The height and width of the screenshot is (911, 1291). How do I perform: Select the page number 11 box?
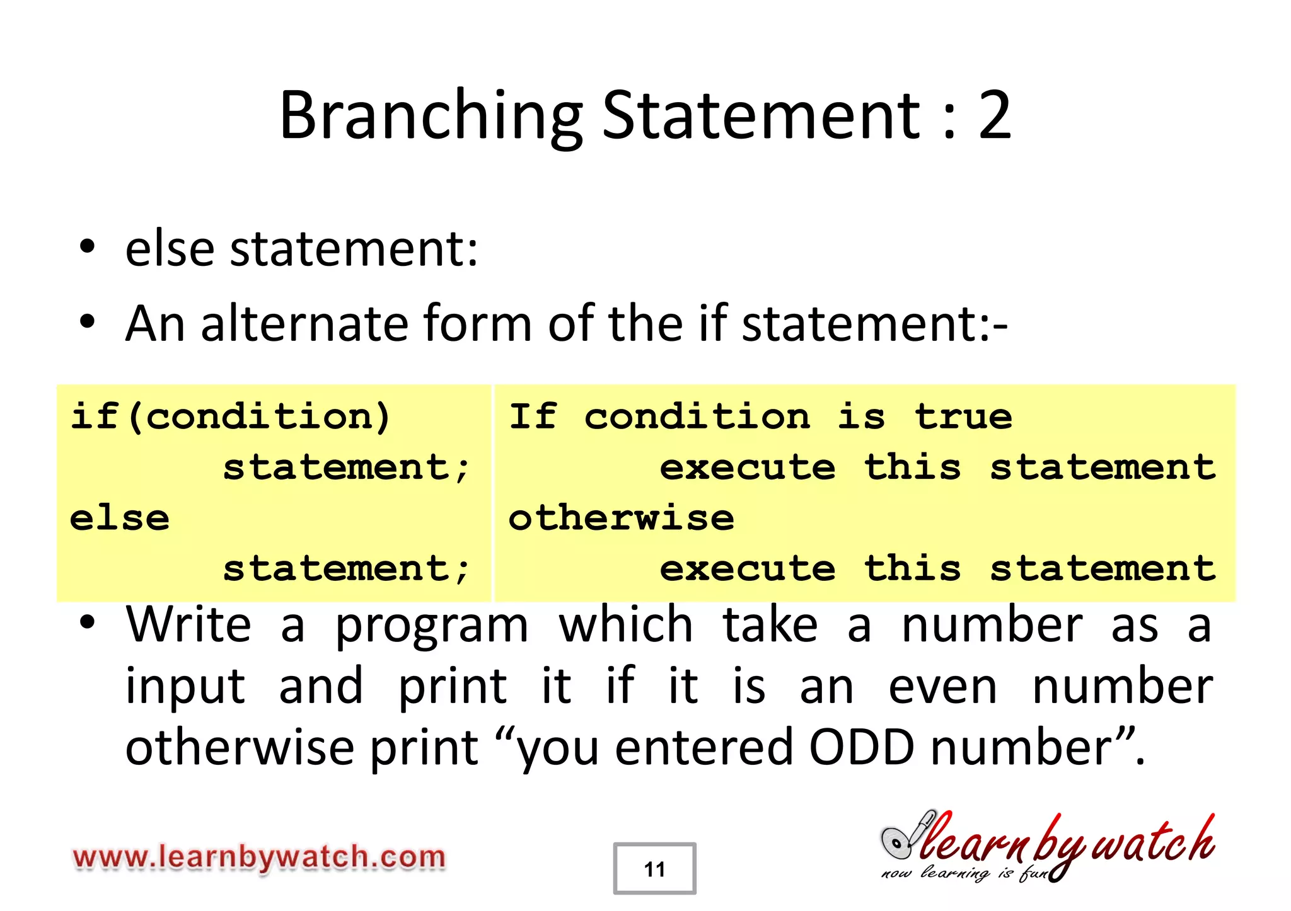(654, 869)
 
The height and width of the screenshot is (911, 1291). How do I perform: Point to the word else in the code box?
(120, 519)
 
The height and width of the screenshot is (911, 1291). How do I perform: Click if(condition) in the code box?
(231, 417)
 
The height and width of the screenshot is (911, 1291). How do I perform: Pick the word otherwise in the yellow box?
(622, 519)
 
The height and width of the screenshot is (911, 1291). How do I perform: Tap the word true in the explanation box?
(963, 417)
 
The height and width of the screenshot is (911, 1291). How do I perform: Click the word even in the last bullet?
(943, 686)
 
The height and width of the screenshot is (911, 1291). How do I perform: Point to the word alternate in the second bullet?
(304, 323)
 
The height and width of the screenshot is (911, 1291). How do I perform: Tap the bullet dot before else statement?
(88, 248)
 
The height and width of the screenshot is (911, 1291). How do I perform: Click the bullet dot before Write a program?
(88, 623)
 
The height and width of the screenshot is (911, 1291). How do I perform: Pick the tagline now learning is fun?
(964, 873)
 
